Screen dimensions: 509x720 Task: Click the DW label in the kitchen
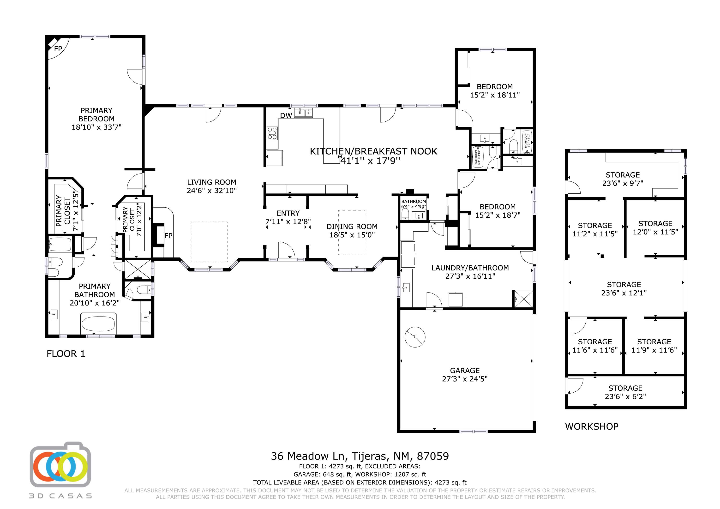[286, 115]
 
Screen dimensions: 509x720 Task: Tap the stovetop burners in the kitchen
[272, 133]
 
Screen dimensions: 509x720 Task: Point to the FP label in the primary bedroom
[58, 49]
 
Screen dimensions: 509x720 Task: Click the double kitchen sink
[303, 113]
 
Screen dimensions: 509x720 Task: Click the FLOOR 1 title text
[66, 354]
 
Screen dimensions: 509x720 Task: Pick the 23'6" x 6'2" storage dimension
[625, 396]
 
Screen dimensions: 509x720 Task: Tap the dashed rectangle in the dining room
[352, 232]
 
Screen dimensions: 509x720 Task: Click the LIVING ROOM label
[212, 182]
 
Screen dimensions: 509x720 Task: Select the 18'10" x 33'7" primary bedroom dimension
[96, 127]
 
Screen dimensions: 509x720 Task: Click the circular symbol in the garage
[415, 337]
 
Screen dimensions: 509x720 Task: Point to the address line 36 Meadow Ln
[360, 456]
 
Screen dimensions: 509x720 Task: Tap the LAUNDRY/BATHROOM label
[470, 268]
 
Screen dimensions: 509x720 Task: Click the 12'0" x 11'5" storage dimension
[655, 232]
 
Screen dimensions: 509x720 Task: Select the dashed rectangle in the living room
[209, 242]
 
